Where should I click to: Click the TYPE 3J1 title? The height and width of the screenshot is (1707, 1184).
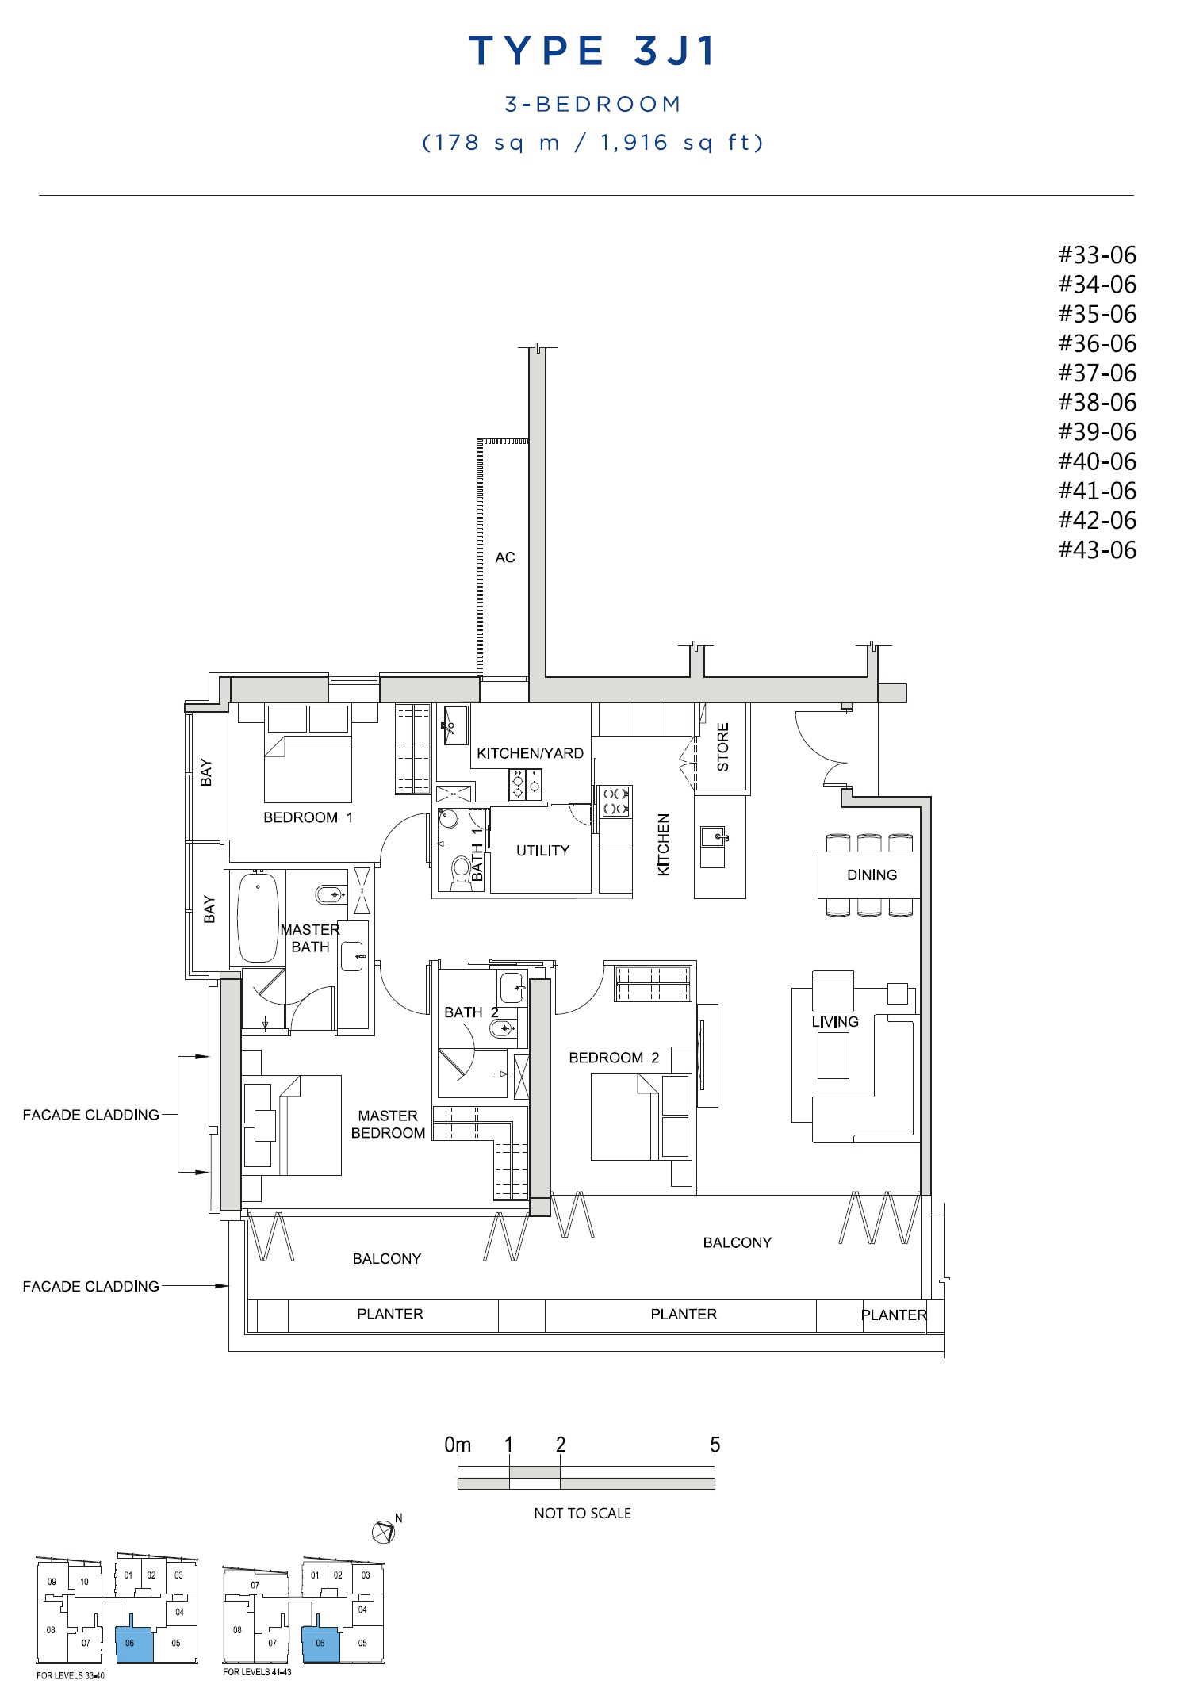592,51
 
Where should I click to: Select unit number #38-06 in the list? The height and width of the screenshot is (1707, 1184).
1097,402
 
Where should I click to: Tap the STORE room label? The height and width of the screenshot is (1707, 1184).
722,747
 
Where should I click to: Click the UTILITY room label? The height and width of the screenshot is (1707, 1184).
542,851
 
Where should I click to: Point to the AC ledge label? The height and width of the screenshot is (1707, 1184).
505,557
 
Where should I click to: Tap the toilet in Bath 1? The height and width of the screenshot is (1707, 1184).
460,873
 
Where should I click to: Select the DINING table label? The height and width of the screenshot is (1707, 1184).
872,875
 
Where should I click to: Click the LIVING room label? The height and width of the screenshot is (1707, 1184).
835,1021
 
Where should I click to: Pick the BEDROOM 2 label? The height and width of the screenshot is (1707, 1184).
614,1058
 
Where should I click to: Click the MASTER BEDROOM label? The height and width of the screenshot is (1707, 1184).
388,1124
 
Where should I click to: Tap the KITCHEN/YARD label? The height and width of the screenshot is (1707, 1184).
530,753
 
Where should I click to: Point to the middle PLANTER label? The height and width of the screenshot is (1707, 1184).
684,1314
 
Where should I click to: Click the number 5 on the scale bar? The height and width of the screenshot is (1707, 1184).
715,1445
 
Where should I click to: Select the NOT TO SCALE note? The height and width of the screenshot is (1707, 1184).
582,1513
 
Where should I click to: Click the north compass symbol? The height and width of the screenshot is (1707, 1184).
385,1531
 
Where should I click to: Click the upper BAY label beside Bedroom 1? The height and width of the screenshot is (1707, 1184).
206,772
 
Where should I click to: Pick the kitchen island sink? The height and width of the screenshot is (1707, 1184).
712,836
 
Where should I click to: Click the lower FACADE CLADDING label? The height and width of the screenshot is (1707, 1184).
90,1286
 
